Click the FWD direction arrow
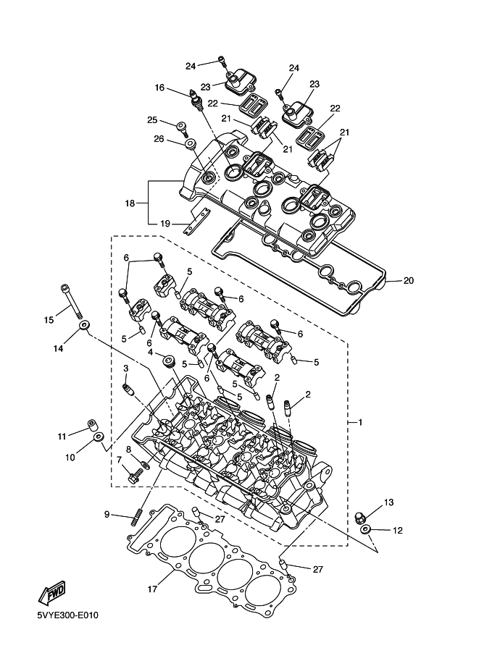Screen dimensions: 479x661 coord(52,592)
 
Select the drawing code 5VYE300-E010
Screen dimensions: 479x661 coord(67,615)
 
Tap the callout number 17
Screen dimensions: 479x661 coord(152,589)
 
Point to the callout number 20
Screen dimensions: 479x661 coord(409,280)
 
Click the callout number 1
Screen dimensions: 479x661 coord(360,422)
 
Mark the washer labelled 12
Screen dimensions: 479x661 coord(366,529)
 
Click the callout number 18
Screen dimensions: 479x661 coord(130,203)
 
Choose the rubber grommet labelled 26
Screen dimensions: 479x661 coord(191,144)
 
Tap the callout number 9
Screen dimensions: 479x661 coord(107,514)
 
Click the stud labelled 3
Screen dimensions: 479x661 coord(128,390)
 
